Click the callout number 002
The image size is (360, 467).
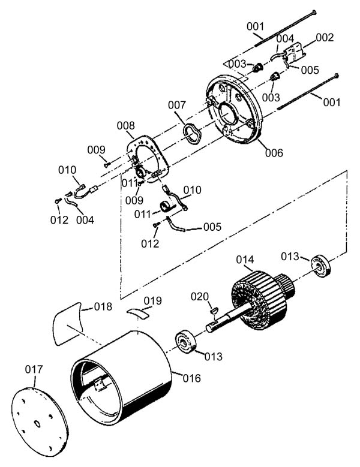pyautogui.click(x=325, y=38)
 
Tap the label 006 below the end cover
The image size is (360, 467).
pyautogui.click(x=274, y=153)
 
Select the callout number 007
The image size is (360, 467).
pyautogui.click(x=177, y=105)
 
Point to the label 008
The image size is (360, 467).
pyautogui.click(x=125, y=126)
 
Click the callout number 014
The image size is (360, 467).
pyautogui.click(x=245, y=260)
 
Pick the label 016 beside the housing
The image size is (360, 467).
pyautogui.click(x=191, y=378)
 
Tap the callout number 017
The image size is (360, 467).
pyautogui.click(x=34, y=369)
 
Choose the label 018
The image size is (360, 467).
pyautogui.click(x=103, y=306)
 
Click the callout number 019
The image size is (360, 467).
pyautogui.click(x=152, y=301)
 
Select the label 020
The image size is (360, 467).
pyautogui.click(x=200, y=297)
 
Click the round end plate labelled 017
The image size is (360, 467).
pyautogui.click(x=40, y=422)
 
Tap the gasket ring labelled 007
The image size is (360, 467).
pyautogui.click(x=192, y=134)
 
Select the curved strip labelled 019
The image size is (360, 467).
pyautogui.click(x=137, y=314)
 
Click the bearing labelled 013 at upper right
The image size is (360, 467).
pyautogui.click(x=321, y=266)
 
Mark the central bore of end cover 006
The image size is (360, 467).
pyautogui.click(x=229, y=114)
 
